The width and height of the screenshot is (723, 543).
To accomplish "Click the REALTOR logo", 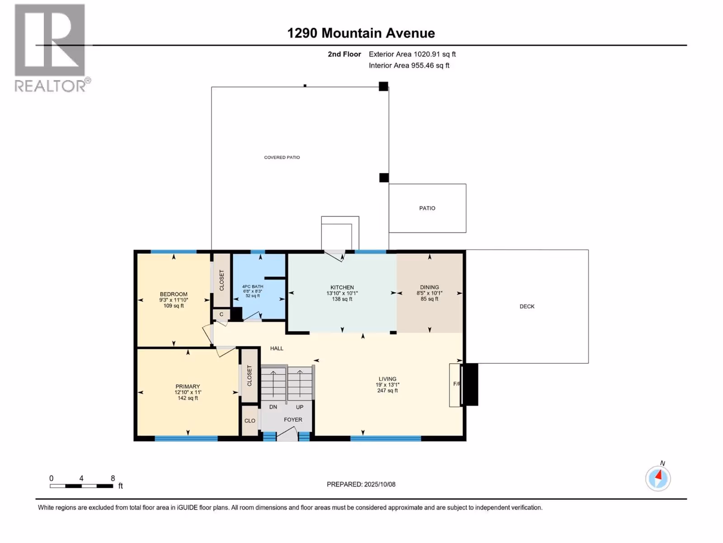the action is pyautogui.click(x=52, y=48).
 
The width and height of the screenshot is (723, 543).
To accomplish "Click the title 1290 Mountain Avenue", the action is pyautogui.click(x=361, y=33).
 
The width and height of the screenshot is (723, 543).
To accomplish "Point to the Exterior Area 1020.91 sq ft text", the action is pyautogui.click(x=412, y=54).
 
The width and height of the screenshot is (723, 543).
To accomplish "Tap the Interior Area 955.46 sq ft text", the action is pyautogui.click(x=409, y=65).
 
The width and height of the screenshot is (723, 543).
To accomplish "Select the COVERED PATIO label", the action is pyautogui.click(x=282, y=157).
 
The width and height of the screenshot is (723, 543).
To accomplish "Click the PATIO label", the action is pyautogui.click(x=427, y=208).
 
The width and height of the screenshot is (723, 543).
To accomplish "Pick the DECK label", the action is pyautogui.click(x=527, y=306).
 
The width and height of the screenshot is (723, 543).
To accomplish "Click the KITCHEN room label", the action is pyautogui.click(x=342, y=287).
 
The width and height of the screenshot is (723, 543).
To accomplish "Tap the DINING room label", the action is pyautogui.click(x=430, y=287).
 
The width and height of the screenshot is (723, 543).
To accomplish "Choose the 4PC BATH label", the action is pyautogui.click(x=253, y=286).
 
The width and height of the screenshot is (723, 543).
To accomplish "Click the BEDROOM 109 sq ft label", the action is pyautogui.click(x=174, y=300).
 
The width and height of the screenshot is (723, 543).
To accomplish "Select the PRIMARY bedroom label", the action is pyautogui.click(x=188, y=386).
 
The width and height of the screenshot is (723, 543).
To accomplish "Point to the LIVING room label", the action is pyautogui.click(x=387, y=379).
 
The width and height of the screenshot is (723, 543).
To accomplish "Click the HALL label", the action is pyautogui.click(x=277, y=348).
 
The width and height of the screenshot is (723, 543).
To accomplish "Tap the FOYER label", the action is pyautogui.click(x=293, y=419).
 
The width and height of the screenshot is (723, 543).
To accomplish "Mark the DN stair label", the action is pyautogui.click(x=273, y=407).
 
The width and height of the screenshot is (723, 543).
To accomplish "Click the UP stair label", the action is pyautogui.click(x=300, y=407).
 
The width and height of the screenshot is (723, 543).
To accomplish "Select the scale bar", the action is pyautogui.click(x=81, y=486).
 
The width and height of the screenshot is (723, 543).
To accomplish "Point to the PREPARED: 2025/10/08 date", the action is pyautogui.click(x=361, y=484).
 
